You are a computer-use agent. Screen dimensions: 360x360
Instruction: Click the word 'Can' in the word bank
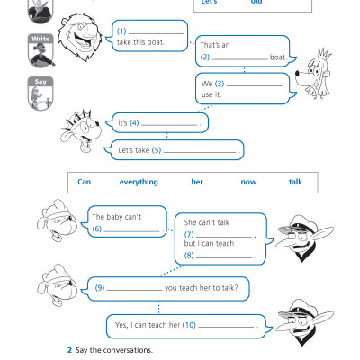click(85, 182)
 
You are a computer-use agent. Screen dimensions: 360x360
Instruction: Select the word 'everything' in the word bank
click(139, 182)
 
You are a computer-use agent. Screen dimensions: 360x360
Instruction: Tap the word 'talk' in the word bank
click(295, 182)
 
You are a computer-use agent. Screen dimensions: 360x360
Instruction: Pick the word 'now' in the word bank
click(248, 182)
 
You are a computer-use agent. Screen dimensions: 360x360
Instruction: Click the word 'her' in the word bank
click(197, 182)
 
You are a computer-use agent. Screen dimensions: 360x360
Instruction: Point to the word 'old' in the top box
click(257, 3)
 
